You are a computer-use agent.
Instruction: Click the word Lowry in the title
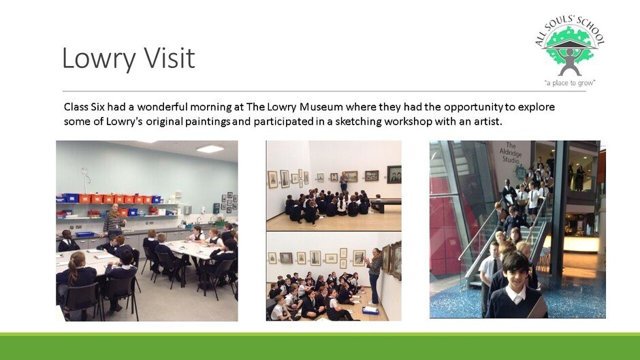click(99, 59)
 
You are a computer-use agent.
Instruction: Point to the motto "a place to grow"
click(570, 83)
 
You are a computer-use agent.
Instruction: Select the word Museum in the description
click(321, 107)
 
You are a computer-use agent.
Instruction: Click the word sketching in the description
click(358, 122)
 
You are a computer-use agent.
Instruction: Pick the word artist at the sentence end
click(487, 122)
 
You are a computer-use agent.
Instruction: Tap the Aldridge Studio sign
click(511, 152)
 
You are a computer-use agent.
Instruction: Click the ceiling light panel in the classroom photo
click(210, 149)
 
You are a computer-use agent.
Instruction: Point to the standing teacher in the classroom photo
click(114, 220)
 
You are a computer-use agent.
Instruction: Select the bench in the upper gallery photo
click(385, 204)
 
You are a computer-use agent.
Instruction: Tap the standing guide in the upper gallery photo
click(344, 182)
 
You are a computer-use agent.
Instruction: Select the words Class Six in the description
click(84, 107)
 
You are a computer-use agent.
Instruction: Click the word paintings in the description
click(208, 122)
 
